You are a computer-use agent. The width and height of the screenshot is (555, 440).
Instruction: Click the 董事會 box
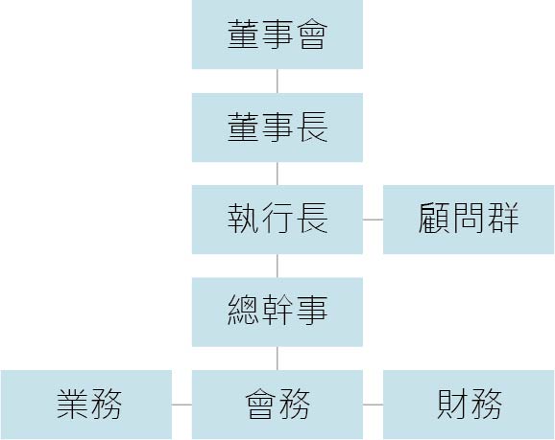277,35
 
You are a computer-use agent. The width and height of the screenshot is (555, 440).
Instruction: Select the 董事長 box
277,127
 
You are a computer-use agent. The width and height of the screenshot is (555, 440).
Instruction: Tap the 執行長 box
277,220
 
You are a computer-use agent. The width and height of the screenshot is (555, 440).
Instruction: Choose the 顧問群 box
469,220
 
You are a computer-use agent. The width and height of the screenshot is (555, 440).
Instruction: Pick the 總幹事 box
277,313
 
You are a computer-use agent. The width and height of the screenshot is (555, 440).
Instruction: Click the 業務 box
86,405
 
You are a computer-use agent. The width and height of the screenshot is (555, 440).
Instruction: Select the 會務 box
277,405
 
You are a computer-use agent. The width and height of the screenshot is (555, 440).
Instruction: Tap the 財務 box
469,405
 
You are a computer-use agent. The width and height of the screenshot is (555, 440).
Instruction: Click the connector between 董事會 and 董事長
277,81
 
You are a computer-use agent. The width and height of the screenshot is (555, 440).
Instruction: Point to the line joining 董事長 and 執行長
277,174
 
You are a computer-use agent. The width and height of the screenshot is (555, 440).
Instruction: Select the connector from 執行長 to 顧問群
374,220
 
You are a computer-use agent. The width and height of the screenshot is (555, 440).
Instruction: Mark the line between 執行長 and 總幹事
277,266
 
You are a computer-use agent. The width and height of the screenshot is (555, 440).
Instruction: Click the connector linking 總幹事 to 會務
277,359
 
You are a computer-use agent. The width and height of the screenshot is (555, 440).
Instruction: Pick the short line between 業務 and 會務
181,405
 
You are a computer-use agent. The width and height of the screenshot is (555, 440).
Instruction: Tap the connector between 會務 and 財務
374,405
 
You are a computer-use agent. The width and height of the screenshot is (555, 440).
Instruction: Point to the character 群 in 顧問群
503,218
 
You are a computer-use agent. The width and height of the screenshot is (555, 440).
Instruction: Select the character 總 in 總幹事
243,311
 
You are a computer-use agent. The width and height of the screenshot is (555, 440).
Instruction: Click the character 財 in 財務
452,404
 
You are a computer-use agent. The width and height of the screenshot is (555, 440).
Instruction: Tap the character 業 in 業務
72,404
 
